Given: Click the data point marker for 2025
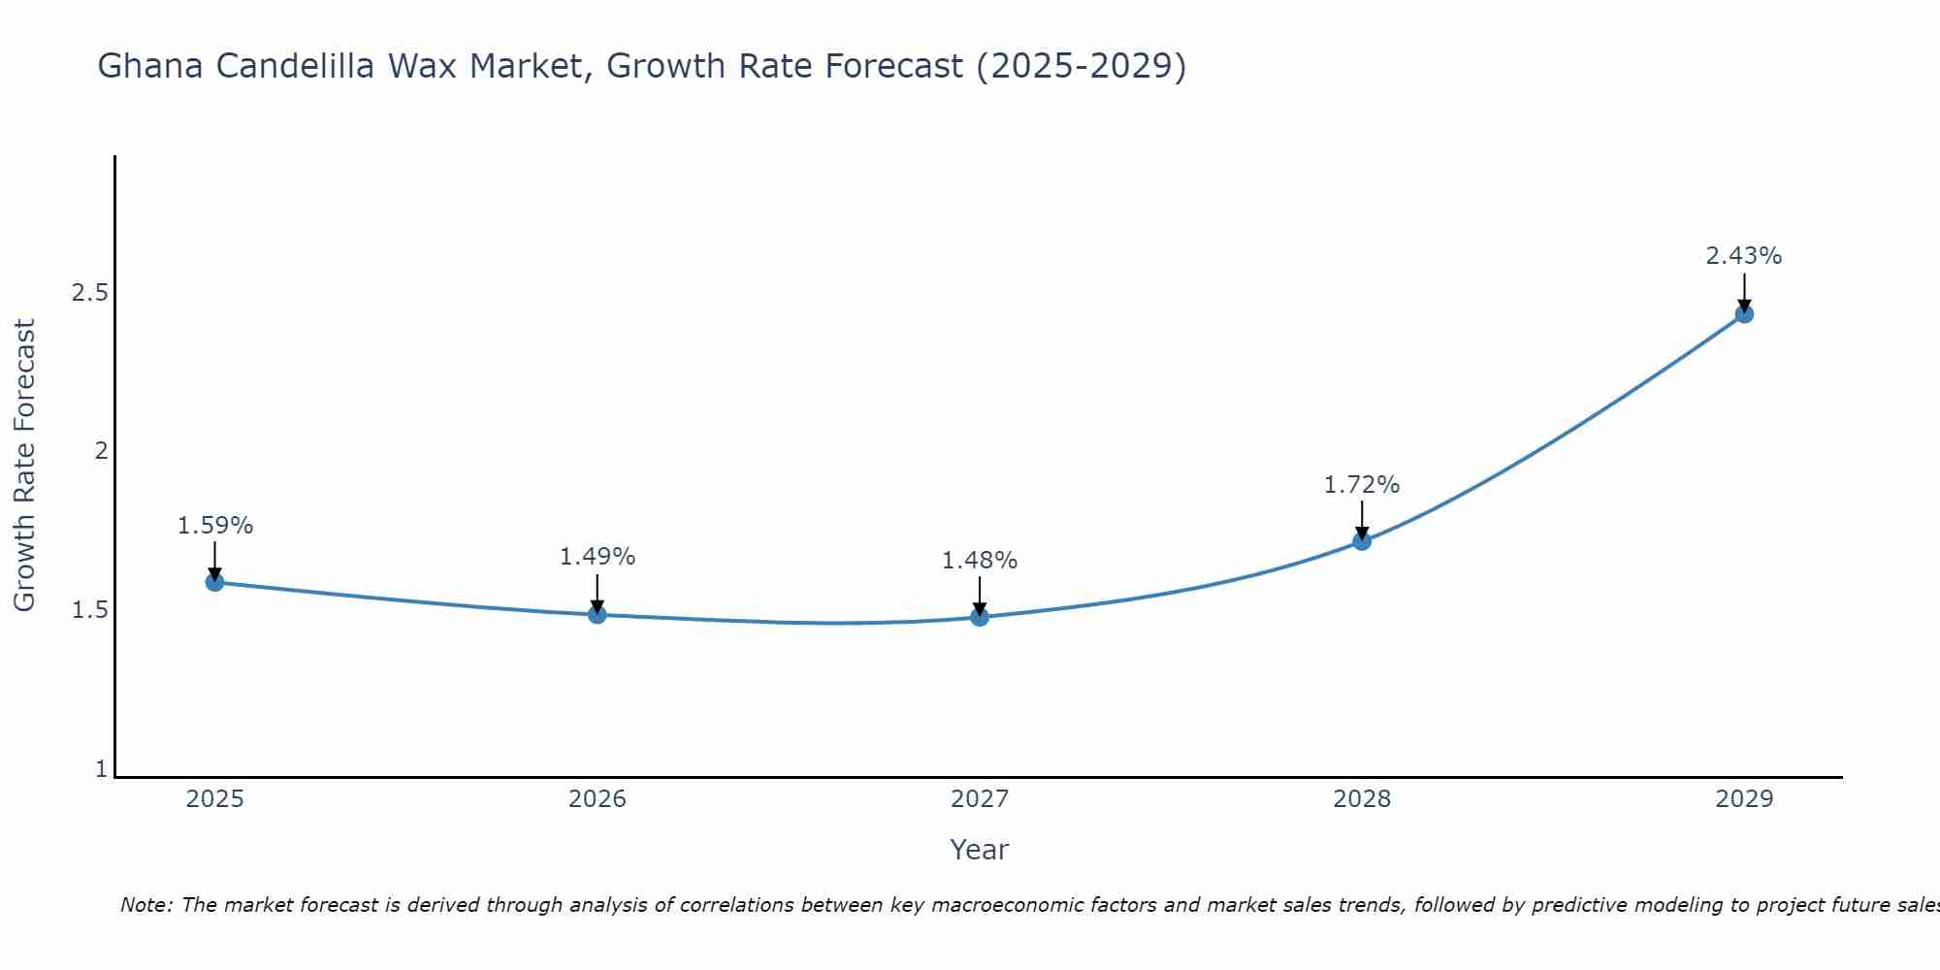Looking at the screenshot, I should tap(214, 582).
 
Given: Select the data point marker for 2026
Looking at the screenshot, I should tap(598, 614).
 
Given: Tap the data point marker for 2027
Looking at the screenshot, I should tap(980, 617).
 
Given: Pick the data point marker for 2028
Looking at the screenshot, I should tap(1362, 540).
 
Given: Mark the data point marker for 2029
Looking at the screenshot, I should tap(1744, 313).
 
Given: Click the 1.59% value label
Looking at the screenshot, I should tap(214, 526).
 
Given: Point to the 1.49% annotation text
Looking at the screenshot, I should tap(598, 557).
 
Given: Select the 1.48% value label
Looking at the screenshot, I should tap(980, 561).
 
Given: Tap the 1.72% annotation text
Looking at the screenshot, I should tap(1362, 485).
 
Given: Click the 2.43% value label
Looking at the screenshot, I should tap(1744, 256).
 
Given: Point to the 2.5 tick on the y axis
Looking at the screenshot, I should tap(89, 292).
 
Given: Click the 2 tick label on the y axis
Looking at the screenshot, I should tap(100, 451).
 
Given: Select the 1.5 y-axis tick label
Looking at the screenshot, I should tap(89, 610).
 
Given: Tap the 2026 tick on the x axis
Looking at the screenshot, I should tap(598, 799).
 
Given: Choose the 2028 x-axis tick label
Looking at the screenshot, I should tap(1362, 799).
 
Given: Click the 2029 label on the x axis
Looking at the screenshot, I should tap(1744, 799).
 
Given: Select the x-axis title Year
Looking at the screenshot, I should tap(980, 850).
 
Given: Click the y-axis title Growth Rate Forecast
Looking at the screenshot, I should tap(24, 466).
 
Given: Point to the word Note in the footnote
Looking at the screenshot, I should tap(145, 905).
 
